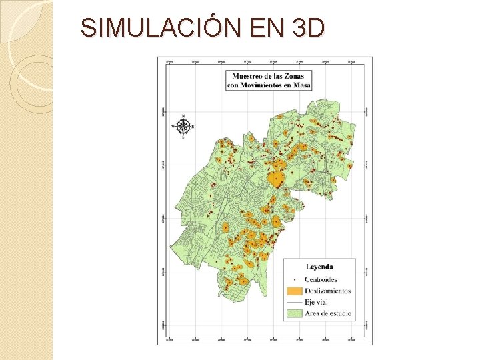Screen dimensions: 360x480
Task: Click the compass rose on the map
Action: tap(183, 125)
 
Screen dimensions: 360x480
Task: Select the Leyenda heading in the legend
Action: tap(319, 267)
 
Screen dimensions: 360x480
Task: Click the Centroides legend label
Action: tap(321, 279)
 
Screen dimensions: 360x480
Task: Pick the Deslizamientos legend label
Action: tap(327, 291)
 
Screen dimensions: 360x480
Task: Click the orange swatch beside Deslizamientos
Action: tap(293, 291)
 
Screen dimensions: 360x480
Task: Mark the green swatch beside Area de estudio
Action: tap(293, 313)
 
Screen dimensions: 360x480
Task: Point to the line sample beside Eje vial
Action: tap(293, 302)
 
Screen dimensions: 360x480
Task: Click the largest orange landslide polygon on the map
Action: tap(275, 179)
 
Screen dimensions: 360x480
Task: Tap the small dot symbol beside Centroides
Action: tap(293, 279)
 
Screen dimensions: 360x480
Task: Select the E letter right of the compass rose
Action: tap(193, 125)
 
